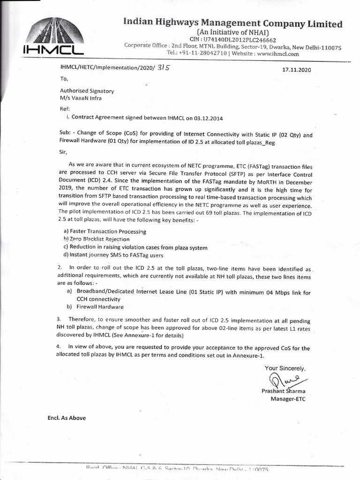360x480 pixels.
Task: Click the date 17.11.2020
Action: tap(296, 69)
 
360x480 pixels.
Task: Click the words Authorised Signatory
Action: tap(87, 91)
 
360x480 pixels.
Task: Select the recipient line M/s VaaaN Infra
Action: tap(80, 98)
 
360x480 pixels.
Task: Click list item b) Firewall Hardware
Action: tap(95, 307)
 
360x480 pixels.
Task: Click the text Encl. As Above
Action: tap(67, 418)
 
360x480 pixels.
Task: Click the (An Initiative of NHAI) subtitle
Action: tap(232, 32)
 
